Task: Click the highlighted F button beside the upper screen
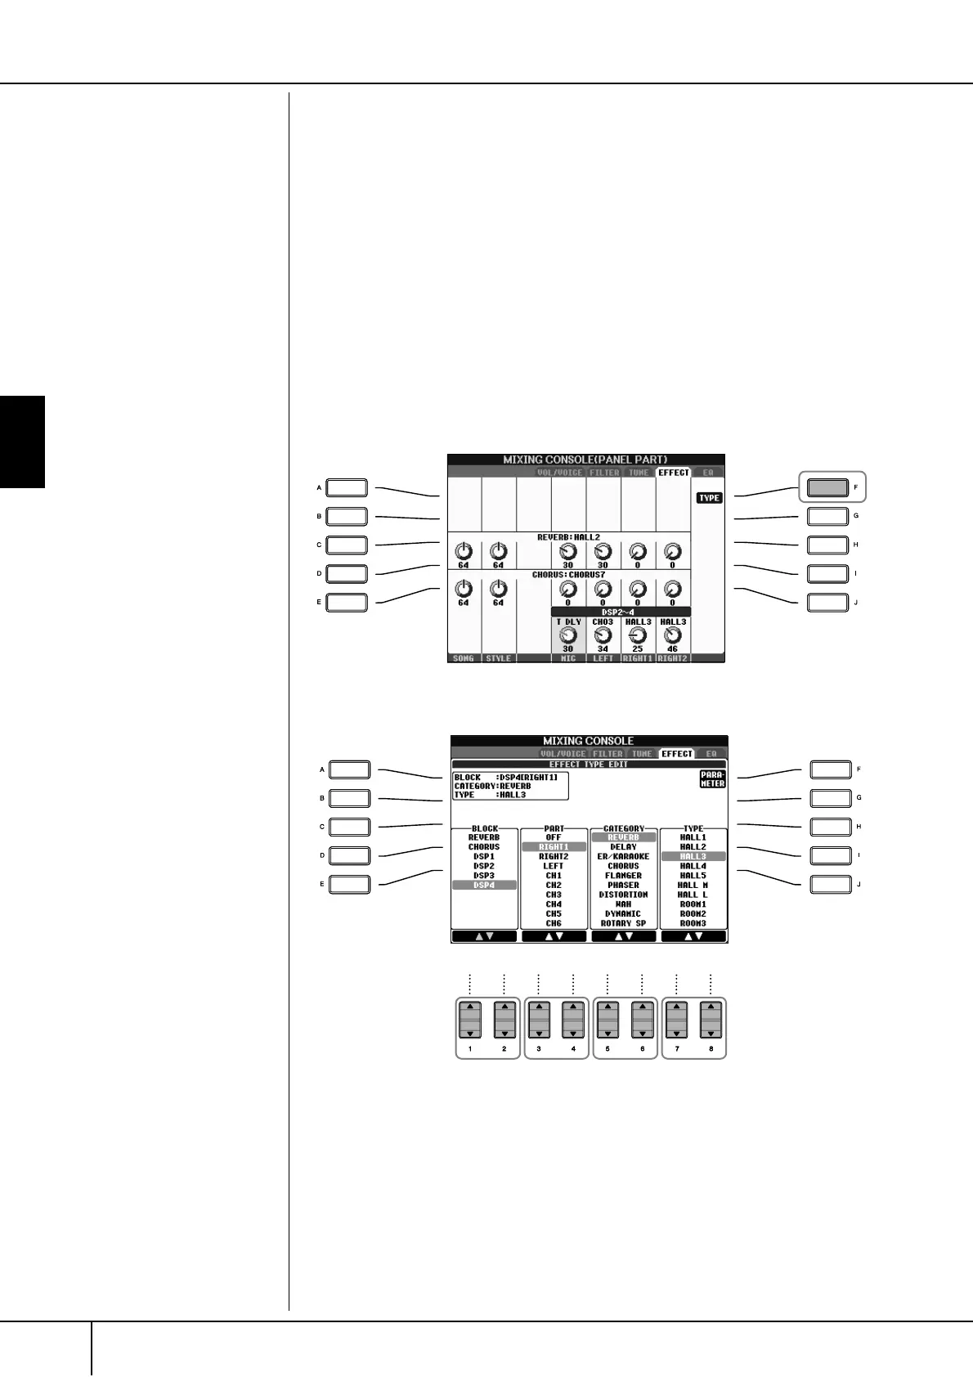(827, 487)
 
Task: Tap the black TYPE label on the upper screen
(709, 498)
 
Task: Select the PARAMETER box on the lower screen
(711, 779)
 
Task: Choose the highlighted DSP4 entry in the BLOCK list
(484, 885)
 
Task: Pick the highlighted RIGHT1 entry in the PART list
(554, 847)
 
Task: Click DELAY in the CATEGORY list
(623, 847)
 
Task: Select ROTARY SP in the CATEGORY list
(623, 923)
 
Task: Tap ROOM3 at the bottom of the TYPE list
(693, 923)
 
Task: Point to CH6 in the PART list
(554, 923)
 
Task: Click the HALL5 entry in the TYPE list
(693, 876)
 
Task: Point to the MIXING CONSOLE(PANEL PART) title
(585, 460)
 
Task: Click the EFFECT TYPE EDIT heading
(588, 765)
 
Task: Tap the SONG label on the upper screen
(463, 658)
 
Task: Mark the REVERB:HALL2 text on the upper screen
(567, 537)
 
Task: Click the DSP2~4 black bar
(620, 611)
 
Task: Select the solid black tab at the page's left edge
(22, 442)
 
